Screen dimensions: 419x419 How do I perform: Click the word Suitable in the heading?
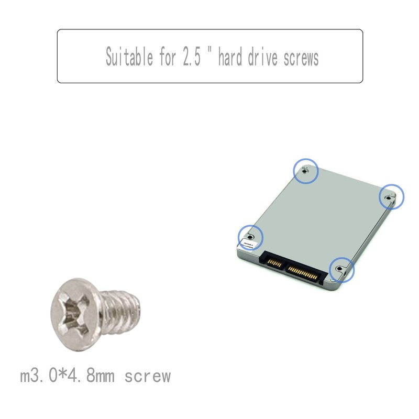129,57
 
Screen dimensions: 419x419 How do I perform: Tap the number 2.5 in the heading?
192,57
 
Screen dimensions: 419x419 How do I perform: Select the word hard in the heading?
230,57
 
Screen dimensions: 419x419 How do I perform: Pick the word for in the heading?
168,57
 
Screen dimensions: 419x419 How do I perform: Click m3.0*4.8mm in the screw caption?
68,376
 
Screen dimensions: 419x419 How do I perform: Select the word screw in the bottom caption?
148,376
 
